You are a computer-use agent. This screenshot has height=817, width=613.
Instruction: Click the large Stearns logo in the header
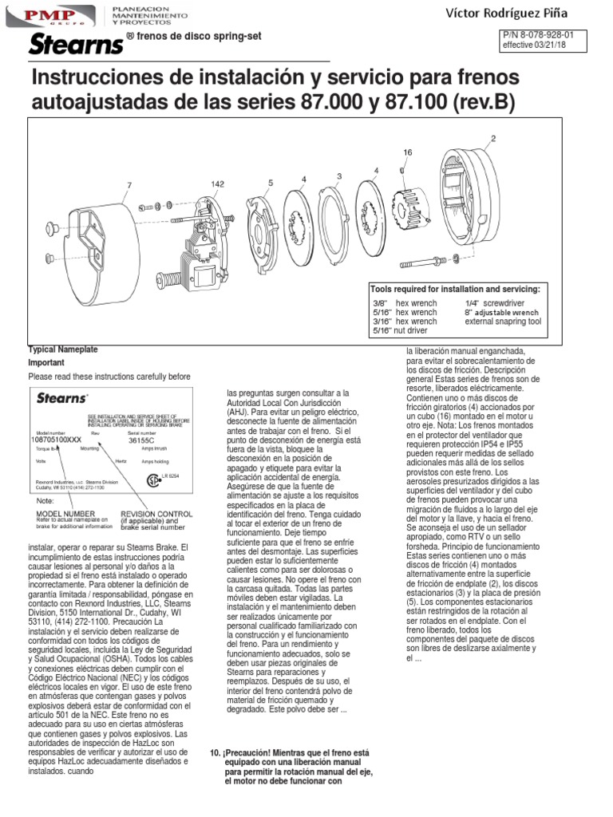tap(76, 45)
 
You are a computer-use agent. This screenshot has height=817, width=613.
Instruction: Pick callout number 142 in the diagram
tap(218, 184)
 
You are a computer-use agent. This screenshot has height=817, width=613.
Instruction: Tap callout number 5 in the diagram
tap(271, 183)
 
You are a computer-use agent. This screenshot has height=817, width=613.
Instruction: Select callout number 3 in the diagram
tap(339, 176)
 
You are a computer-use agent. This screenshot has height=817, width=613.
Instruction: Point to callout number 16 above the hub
tap(407, 152)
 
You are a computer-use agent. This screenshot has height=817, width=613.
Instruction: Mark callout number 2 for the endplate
tap(492, 138)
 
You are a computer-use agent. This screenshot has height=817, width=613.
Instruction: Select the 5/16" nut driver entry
tap(400, 330)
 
